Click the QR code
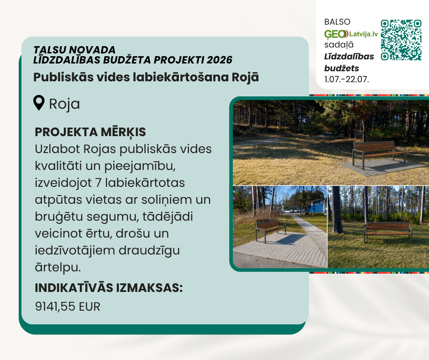[401, 40]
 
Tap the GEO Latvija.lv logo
[351, 34]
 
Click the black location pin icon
[39, 103]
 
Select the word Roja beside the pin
[64, 104]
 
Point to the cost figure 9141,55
[55, 307]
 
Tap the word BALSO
[337, 22]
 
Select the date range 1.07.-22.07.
[347, 79]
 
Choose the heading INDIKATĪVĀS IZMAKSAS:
[109, 288]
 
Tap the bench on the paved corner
[271, 231]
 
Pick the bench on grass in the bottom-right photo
[387, 232]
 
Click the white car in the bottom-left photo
[288, 211]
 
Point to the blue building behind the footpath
[317, 206]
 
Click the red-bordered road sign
[235, 197]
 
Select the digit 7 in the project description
[98, 183]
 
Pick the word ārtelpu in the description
[58, 267]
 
